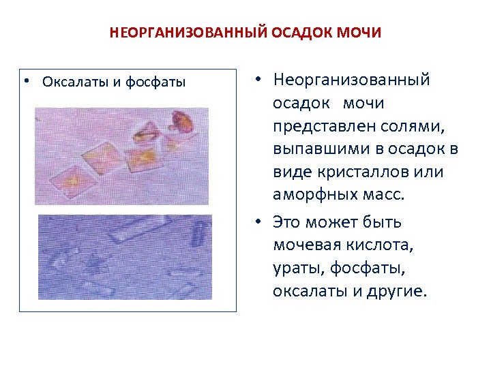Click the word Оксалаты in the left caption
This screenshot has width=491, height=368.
72,82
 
